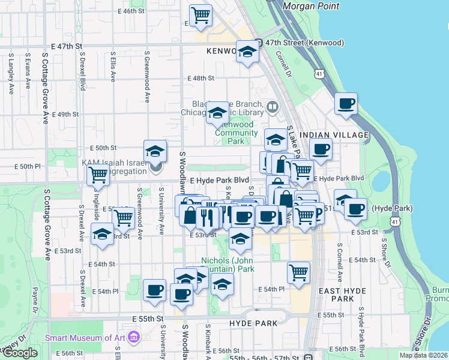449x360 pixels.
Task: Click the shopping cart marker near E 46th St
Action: tap(200, 14)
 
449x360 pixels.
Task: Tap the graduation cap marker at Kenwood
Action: tap(247, 52)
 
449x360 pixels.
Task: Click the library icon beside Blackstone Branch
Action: tap(273, 107)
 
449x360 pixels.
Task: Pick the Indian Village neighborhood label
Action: tap(333, 136)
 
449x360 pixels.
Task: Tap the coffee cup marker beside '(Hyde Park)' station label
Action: tap(355, 209)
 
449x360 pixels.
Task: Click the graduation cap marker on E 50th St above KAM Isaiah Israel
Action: tap(155, 151)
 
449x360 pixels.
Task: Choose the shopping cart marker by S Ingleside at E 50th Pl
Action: tap(98, 175)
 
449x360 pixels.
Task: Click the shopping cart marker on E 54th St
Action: tap(298, 272)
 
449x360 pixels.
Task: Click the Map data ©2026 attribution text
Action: tap(423, 355)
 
